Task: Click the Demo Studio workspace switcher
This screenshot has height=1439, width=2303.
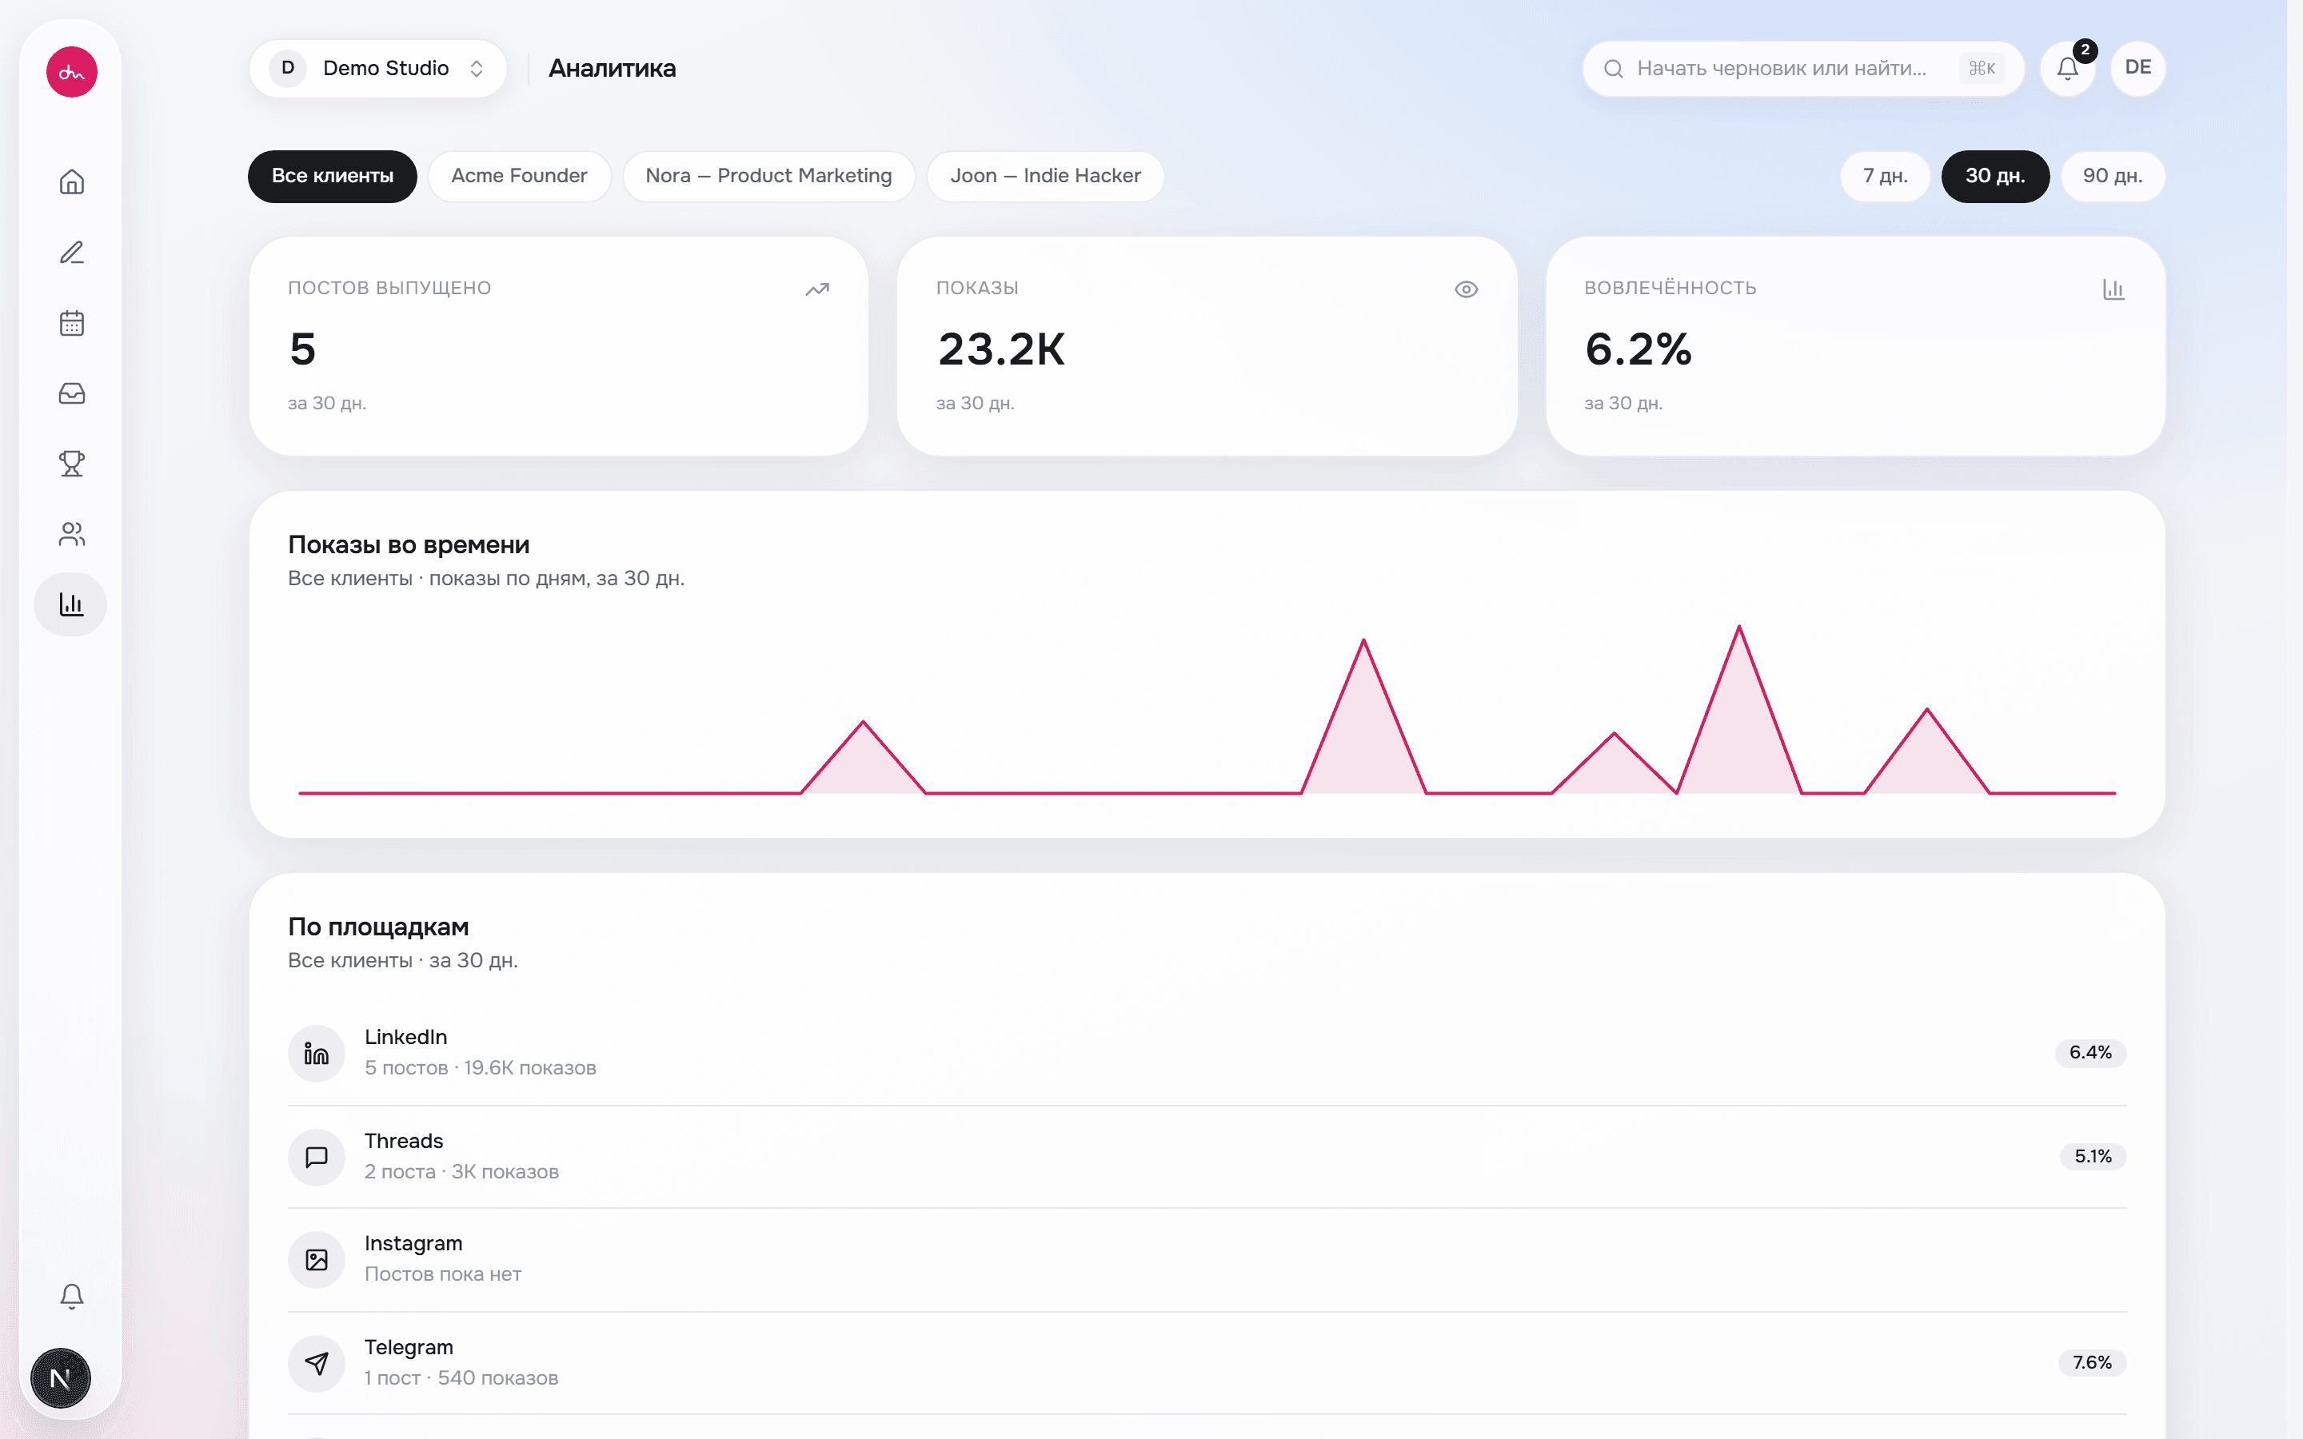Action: pos(377,69)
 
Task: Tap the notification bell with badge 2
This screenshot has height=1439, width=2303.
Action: pos(2067,69)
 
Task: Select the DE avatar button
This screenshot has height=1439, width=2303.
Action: pos(2137,68)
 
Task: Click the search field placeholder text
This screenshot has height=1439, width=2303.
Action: pos(1781,69)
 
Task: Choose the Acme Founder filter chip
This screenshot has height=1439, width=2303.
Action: pos(520,176)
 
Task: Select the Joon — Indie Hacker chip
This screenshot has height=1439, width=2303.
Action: pos(1045,176)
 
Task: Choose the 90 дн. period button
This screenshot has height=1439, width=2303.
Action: pos(2113,176)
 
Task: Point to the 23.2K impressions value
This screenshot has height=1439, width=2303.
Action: pos(1001,349)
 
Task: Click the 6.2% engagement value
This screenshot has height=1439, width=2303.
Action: pos(1638,349)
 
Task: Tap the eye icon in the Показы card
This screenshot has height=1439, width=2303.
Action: pos(1467,289)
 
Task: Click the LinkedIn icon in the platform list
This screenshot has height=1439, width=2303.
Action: pos(317,1053)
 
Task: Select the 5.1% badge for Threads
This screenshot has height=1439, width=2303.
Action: pos(2093,1156)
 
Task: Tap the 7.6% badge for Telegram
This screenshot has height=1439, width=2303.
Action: pos(2092,1363)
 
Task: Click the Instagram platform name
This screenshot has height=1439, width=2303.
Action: pos(413,1243)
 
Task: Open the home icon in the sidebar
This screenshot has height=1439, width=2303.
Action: pos(71,181)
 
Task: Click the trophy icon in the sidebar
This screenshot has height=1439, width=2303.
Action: pos(71,464)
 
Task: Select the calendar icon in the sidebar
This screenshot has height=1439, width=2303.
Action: pos(71,323)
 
